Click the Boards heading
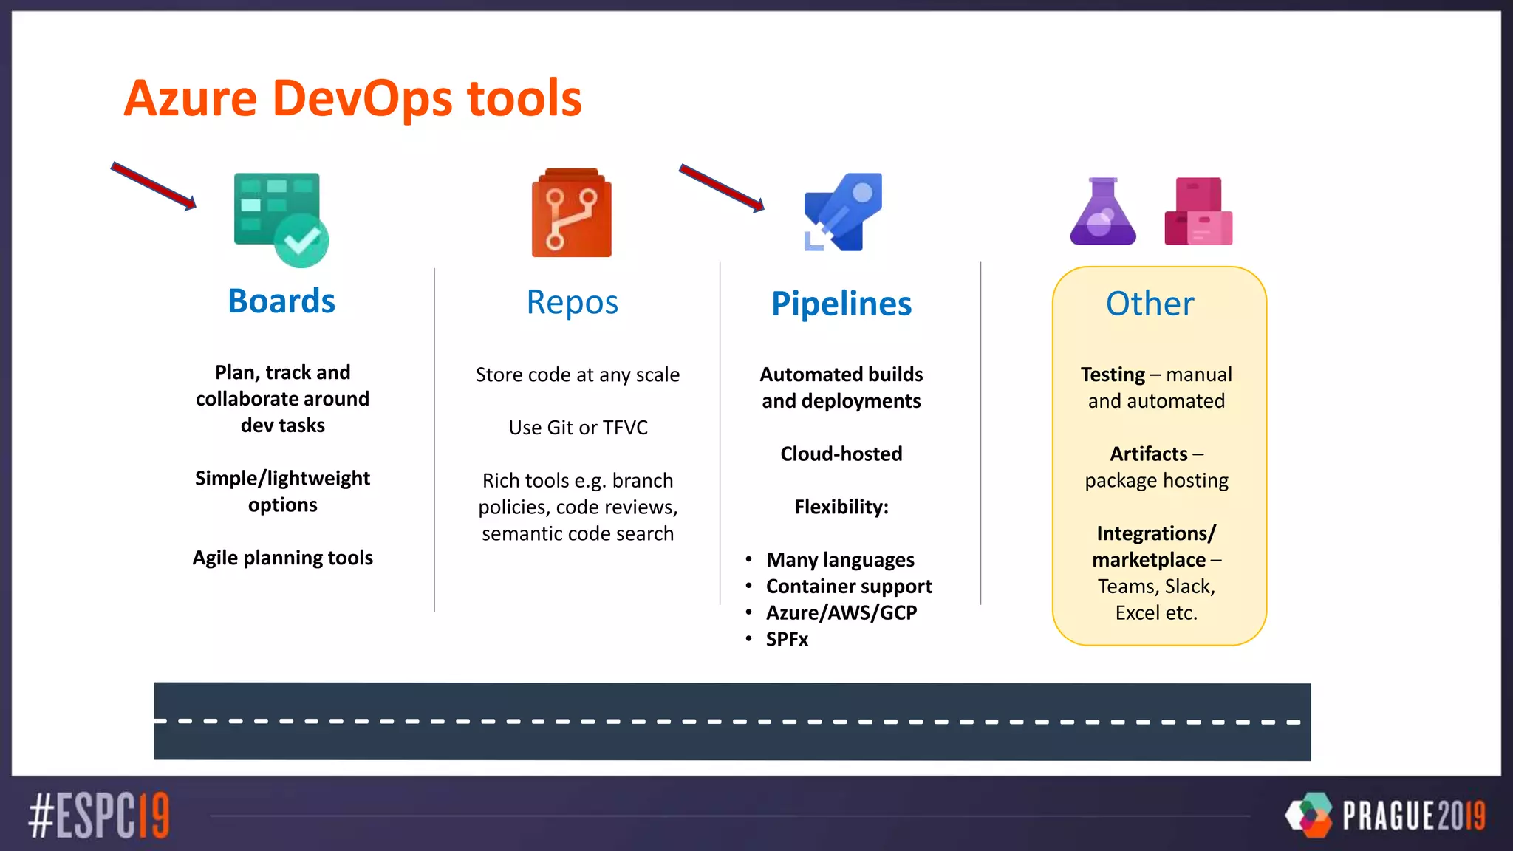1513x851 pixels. [281, 301]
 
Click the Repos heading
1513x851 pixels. [572, 303]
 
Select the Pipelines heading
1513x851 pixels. [841, 304]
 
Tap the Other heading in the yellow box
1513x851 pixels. [1150, 304]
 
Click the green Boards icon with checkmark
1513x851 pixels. [280, 219]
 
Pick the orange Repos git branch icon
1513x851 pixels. [572, 214]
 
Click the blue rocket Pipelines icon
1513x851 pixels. [844, 212]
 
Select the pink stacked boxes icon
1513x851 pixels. [1198, 212]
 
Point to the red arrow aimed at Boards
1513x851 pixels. [153, 185]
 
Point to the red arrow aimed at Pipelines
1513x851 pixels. [721, 188]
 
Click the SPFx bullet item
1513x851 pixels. [787, 640]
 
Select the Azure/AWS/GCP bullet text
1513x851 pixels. [841, 613]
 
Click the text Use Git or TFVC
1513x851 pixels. [578, 428]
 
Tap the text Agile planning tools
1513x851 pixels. [282, 558]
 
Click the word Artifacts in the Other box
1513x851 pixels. [1148, 454]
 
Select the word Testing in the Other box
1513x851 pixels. [1112, 375]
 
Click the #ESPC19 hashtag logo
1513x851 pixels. [99, 816]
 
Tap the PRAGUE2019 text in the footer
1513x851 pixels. [1413, 816]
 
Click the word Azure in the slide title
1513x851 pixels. [191, 98]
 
